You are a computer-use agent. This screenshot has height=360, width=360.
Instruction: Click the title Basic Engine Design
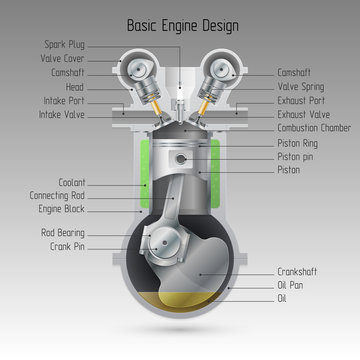179,21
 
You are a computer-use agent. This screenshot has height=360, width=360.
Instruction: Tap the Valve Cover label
64,58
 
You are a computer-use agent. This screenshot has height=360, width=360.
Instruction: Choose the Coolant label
73,183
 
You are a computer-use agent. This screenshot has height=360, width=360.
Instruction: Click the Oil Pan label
291,285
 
